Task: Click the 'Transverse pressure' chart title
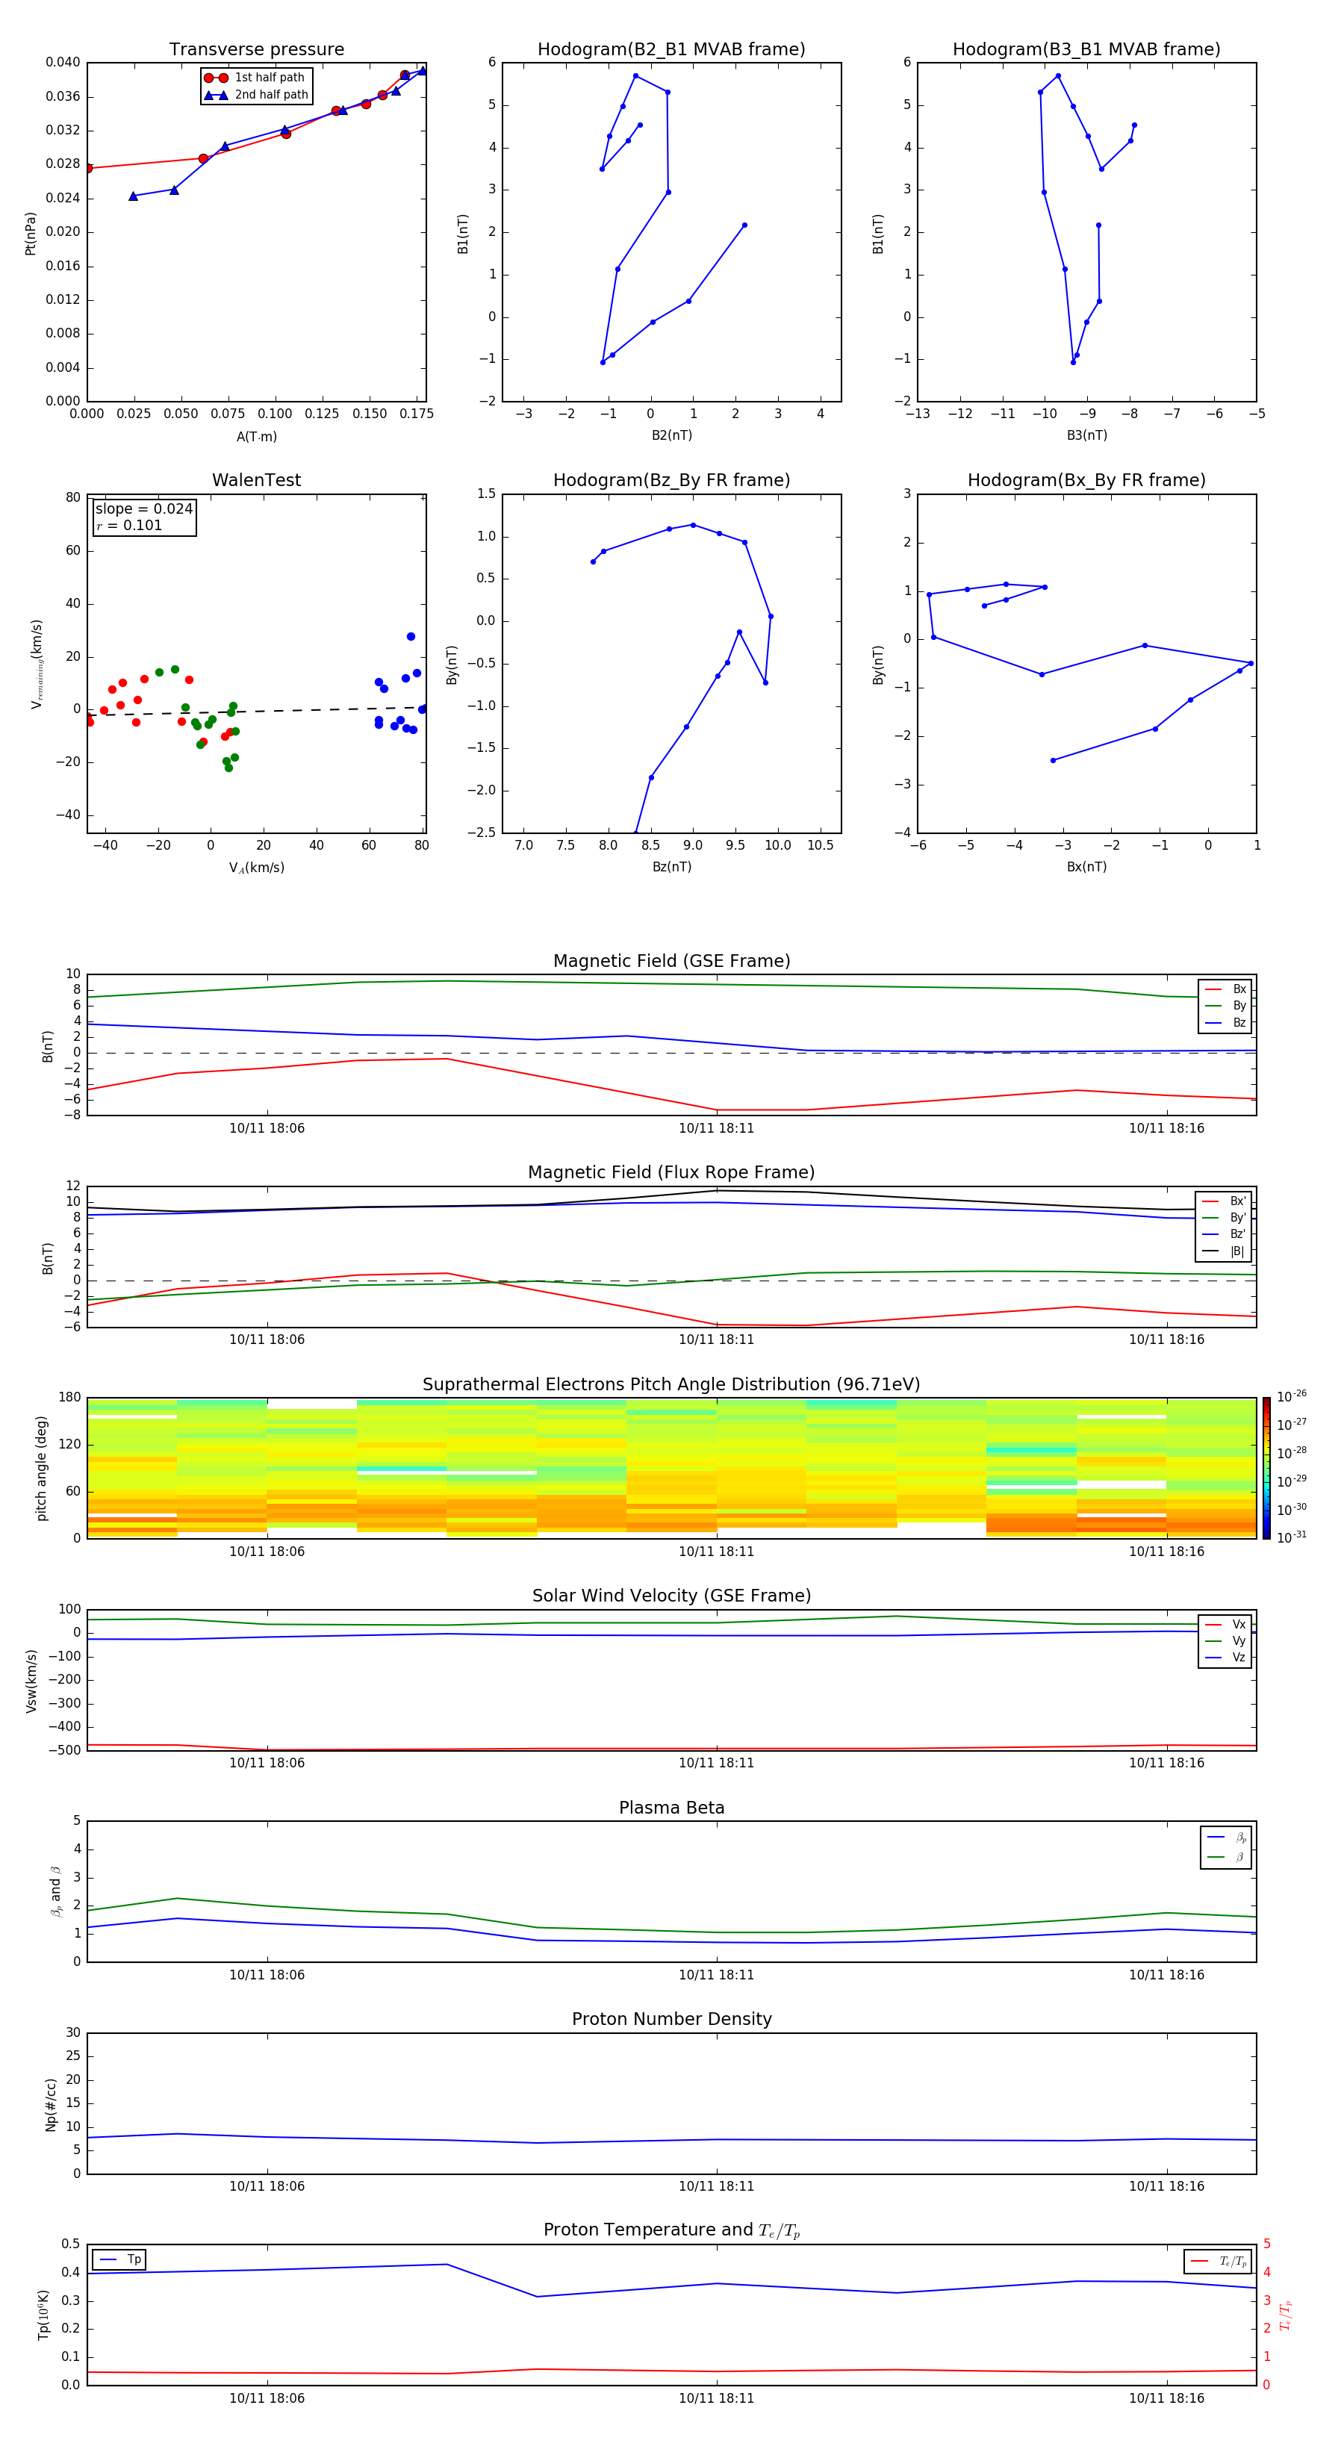[x=256, y=50]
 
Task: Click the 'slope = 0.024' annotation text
[x=143, y=509]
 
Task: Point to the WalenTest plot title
[x=256, y=480]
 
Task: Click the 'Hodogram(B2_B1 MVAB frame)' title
[x=671, y=50]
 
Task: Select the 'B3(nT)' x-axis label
[x=1086, y=435]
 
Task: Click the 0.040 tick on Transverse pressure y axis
[x=63, y=62]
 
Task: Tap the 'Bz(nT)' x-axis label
[x=671, y=867]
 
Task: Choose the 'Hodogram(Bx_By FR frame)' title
[x=1086, y=480]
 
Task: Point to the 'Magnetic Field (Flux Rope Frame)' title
[x=671, y=1173]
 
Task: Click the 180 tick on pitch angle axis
[x=70, y=1398]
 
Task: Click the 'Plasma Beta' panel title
[x=671, y=1808]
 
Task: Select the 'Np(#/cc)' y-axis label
[x=51, y=2104]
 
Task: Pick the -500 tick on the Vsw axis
[x=67, y=1750]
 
